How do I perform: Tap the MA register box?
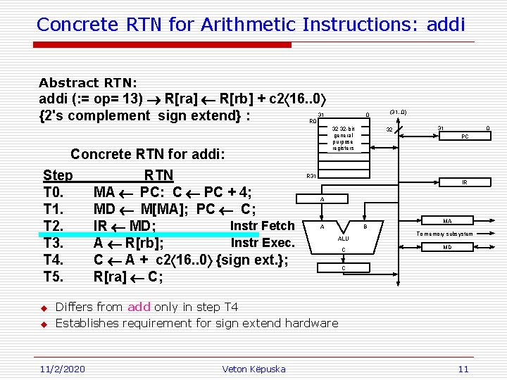pyautogui.click(x=447, y=221)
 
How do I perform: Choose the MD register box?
pyautogui.click(x=447, y=247)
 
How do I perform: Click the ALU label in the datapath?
pyautogui.click(x=344, y=239)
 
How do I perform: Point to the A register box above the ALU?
pyautogui.click(x=323, y=199)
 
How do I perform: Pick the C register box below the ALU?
pyautogui.click(x=344, y=267)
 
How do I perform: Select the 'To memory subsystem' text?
pyautogui.click(x=444, y=234)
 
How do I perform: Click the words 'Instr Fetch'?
pyautogui.click(x=263, y=226)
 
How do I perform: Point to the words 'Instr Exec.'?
pyautogui.click(x=263, y=243)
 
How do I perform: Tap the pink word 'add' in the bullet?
pyautogui.click(x=139, y=307)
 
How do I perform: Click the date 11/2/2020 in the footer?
pyautogui.click(x=61, y=369)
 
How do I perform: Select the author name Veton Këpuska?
pyautogui.click(x=254, y=369)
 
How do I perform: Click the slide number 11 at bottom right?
pyautogui.click(x=463, y=369)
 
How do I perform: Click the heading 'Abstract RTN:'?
pyautogui.click(x=88, y=82)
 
